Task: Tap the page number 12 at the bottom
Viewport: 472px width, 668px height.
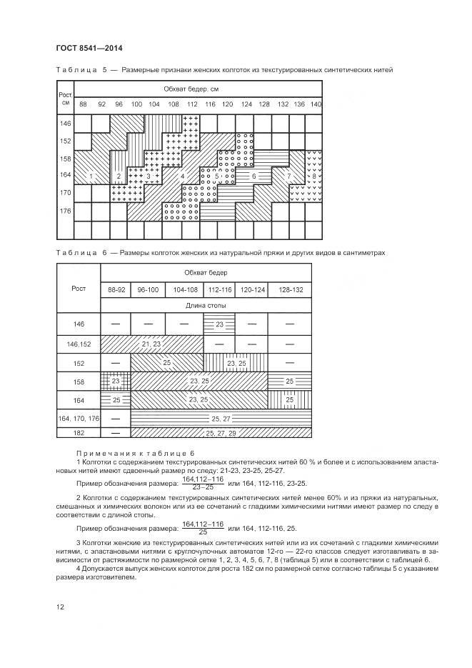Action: pos(60,607)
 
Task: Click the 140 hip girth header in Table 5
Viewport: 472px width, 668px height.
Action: pos(316,105)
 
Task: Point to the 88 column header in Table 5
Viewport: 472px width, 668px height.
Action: pos(83,105)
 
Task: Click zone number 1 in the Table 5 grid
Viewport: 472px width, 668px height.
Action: pos(91,176)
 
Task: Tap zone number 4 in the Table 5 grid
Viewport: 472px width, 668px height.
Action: pos(182,176)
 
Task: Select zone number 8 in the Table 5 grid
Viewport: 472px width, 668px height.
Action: pos(314,176)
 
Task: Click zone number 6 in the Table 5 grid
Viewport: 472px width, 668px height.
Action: pos(253,176)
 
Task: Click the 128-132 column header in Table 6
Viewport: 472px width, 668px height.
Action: pos(290,289)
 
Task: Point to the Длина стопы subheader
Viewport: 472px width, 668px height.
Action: pos(206,306)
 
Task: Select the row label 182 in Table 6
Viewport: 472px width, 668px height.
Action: pos(79,433)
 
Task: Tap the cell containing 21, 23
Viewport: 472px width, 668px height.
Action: pos(151,344)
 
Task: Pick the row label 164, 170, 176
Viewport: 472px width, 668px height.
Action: pos(79,418)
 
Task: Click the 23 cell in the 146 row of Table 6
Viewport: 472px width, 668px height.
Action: pos(220,324)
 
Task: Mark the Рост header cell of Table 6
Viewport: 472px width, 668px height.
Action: pos(79,289)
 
